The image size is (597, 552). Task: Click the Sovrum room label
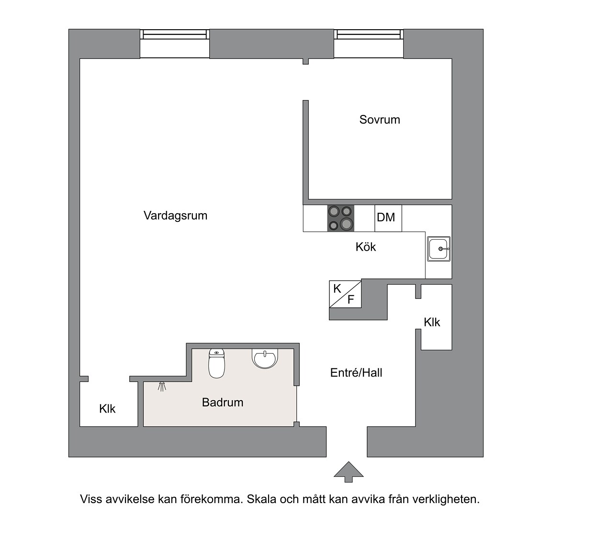[380, 120]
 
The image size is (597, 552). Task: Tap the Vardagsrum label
[175, 216]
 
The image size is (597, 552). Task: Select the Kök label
[366, 247]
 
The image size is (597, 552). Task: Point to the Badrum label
[223, 402]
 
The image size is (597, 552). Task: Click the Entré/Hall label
[356, 373]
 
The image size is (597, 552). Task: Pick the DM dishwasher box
[388, 218]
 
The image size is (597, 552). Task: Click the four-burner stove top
[340, 218]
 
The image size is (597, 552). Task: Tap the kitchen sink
[439, 249]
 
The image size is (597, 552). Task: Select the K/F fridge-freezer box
[345, 294]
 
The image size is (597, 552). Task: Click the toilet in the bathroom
[216, 363]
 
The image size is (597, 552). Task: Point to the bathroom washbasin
[265, 358]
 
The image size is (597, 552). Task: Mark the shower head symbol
[162, 387]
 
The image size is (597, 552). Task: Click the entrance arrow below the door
[349, 472]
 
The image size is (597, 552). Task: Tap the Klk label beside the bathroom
[107, 409]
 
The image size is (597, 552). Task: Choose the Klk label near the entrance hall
[432, 322]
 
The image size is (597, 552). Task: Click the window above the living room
[175, 44]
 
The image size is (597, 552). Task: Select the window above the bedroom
[369, 44]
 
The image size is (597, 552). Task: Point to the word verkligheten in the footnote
[446, 500]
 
